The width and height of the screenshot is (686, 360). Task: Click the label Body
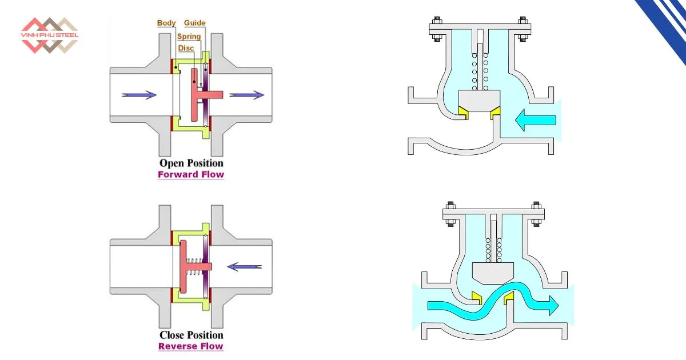pyautogui.click(x=166, y=23)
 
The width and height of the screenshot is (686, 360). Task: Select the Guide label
pyautogui.click(x=194, y=23)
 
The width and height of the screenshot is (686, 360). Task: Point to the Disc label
pyautogui.click(x=186, y=49)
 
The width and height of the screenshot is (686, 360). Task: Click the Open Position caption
pyautogui.click(x=191, y=163)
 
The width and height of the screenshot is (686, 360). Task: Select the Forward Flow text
pyautogui.click(x=191, y=175)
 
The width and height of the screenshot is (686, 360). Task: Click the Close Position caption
pyautogui.click(x=191, y=335)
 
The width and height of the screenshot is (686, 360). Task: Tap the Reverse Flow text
pyautogui.click(x=191, y=346)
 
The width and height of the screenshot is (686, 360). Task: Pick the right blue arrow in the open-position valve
pyautogui.click(x=247, y=95)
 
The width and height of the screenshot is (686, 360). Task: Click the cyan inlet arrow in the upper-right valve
pyautogui.click(x=535, y=119)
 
